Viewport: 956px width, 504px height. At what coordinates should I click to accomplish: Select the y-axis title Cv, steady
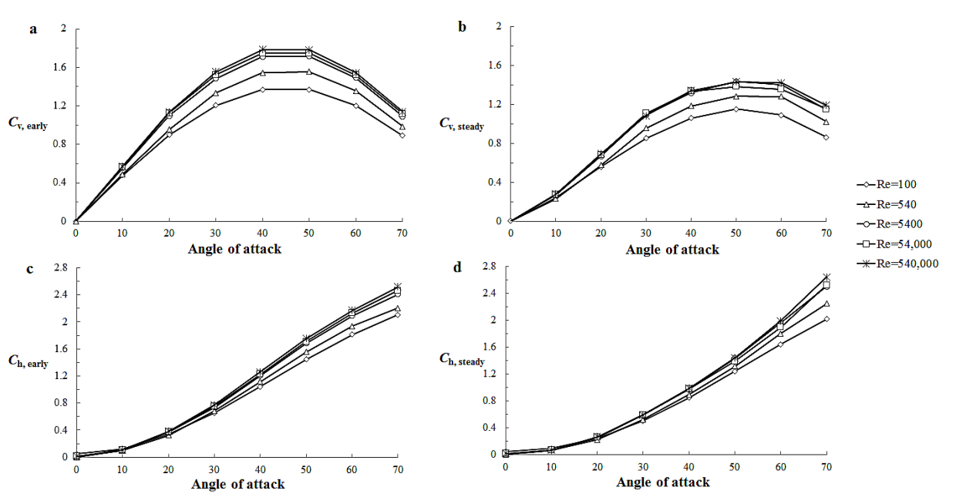pos(460,123)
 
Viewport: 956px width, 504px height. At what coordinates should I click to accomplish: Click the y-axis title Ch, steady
pos(461,360)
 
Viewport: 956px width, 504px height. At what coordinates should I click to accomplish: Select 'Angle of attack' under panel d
pos(663,482)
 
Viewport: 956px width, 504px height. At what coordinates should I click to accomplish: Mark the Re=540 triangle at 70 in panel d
pos(826,304)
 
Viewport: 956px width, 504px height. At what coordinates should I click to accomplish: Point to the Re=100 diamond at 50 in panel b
pos(736,109)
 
